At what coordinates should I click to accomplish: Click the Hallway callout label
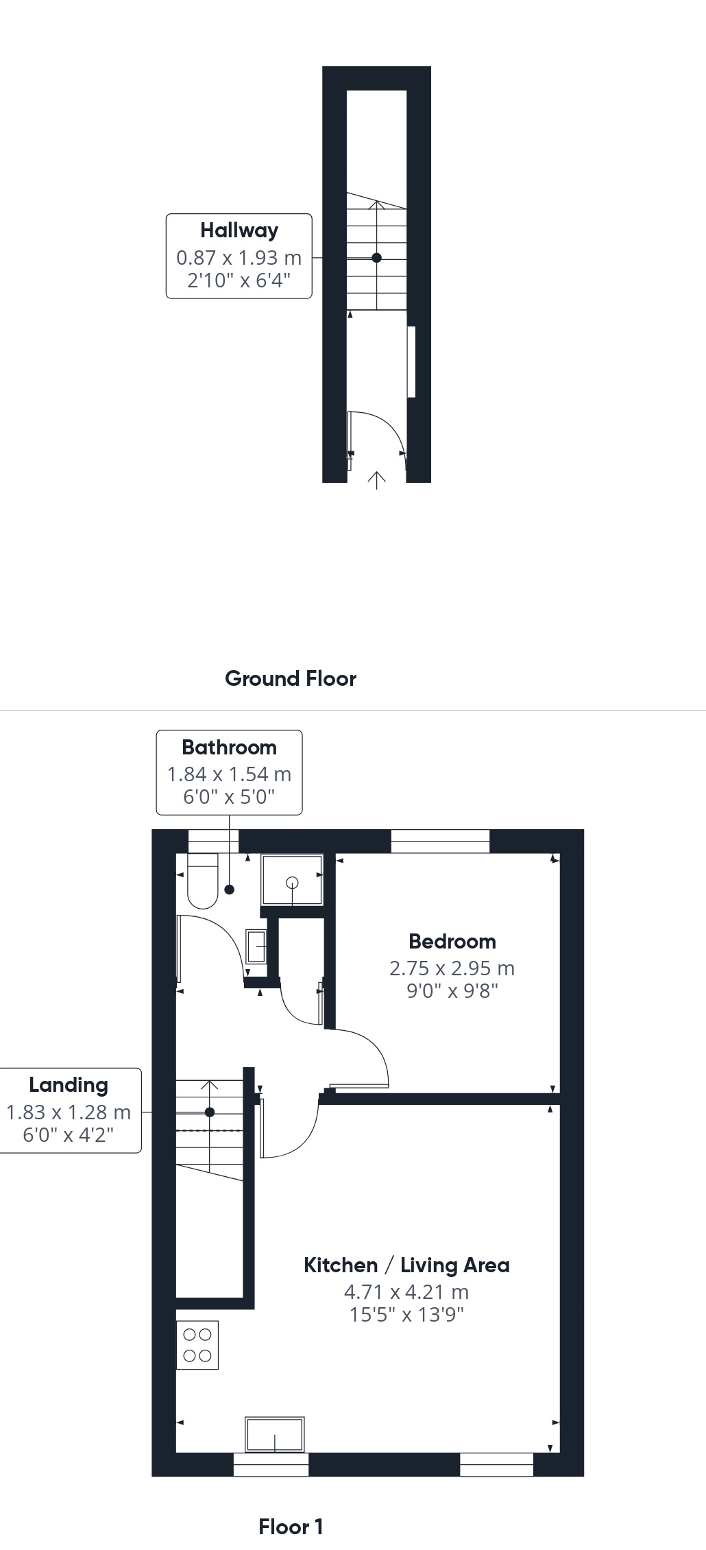(x=239, y=230)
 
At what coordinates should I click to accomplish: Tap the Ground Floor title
(x=291, y=678)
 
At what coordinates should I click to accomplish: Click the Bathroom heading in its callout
(x=229, y=747)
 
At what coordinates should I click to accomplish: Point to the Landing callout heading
(x=69, y=1084)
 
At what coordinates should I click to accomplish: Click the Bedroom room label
(x=452, y=941)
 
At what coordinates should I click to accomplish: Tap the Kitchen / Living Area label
(x=406, y=1265)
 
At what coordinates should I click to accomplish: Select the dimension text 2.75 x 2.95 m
(x=452, y=968)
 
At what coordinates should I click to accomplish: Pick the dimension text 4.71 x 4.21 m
(x=406, y=1291)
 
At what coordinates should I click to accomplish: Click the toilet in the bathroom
(x=203, y=881)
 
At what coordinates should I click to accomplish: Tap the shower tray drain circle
(x=293, y=883)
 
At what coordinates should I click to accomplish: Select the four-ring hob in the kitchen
(x=197, y=1345)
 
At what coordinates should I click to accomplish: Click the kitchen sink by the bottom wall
(x=275, y=1434)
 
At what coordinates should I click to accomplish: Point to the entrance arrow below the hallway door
(x=376, y=480)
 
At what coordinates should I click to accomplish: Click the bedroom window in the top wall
(x=441, y=842)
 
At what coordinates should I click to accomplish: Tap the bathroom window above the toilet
(x=213, y=842)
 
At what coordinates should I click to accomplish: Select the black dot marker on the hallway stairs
(x=376, y=258)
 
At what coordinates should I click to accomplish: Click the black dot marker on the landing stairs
(x=210, y=1112)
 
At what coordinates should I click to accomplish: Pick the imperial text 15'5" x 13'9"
(x=406, y=1314)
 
